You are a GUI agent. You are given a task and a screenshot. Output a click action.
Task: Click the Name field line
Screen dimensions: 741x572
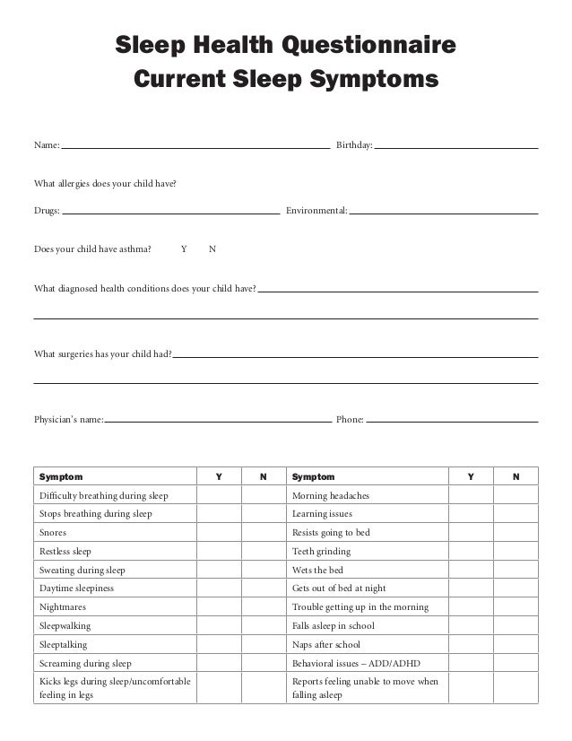pos(195,144)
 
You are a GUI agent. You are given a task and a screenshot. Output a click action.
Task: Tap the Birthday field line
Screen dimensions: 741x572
pos(455,144)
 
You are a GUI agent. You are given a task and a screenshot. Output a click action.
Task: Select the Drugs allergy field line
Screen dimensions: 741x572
pos(170,212)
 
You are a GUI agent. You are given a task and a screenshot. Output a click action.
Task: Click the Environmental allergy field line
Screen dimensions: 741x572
pos(444,212)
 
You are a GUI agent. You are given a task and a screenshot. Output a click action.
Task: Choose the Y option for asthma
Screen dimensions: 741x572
pos(184,249)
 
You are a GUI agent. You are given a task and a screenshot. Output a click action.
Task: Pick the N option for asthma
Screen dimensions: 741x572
pos(212,249)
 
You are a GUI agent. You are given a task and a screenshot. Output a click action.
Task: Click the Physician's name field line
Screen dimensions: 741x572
pos(218,418)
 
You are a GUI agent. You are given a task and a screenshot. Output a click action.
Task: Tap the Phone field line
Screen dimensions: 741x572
pos(452,418)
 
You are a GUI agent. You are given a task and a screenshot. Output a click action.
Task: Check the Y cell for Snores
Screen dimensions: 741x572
pos(218,533)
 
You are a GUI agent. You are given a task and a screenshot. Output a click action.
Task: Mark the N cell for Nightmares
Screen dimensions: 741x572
pos(263,607)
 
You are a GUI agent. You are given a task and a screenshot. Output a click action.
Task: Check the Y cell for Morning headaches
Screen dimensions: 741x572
pos(471,495)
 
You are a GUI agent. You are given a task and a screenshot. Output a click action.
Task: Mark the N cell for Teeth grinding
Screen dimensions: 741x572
pos(516,552)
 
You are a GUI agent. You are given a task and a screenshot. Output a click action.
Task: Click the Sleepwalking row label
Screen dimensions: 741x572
pos(65,626)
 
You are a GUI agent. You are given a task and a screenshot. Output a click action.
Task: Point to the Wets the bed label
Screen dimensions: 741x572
pos(317,571)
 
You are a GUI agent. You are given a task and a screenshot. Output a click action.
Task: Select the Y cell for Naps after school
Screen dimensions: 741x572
pos(471,645)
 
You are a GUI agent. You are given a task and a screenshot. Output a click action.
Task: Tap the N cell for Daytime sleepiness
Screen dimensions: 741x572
pos(263,588)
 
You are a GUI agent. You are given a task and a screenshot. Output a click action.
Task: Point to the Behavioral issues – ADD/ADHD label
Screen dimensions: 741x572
pos(356,664)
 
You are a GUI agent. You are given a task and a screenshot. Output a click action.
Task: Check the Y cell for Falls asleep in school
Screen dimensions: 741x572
pos(471,626)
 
